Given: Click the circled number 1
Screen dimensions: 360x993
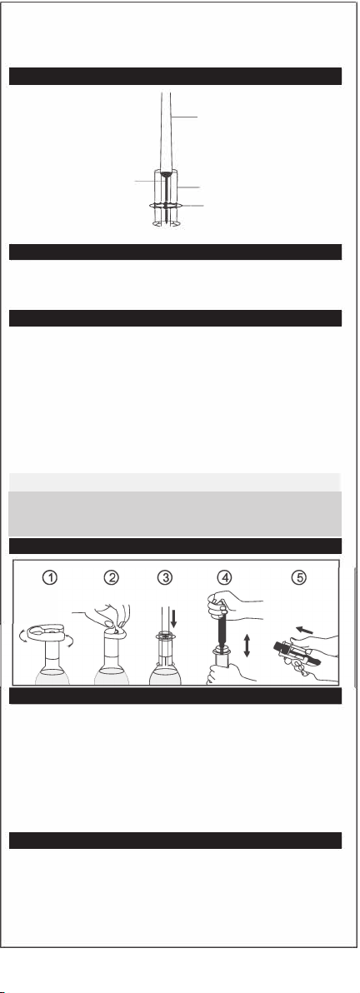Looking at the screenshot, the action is [x=50, y=577].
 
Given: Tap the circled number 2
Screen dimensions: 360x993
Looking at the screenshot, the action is [x=112, y=577].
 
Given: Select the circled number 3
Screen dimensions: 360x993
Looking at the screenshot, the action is [x=165, y=577].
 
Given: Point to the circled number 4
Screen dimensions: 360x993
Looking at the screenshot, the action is [x=224, y=577].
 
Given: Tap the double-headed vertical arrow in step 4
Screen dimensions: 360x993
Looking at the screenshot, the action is [x=247, y=645].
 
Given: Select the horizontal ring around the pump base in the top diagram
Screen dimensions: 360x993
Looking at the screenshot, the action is [x=166, y=205].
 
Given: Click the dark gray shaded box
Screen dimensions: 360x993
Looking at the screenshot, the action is [x=175, y=514].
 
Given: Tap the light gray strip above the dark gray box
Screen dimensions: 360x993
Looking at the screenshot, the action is [x=175, y=482].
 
